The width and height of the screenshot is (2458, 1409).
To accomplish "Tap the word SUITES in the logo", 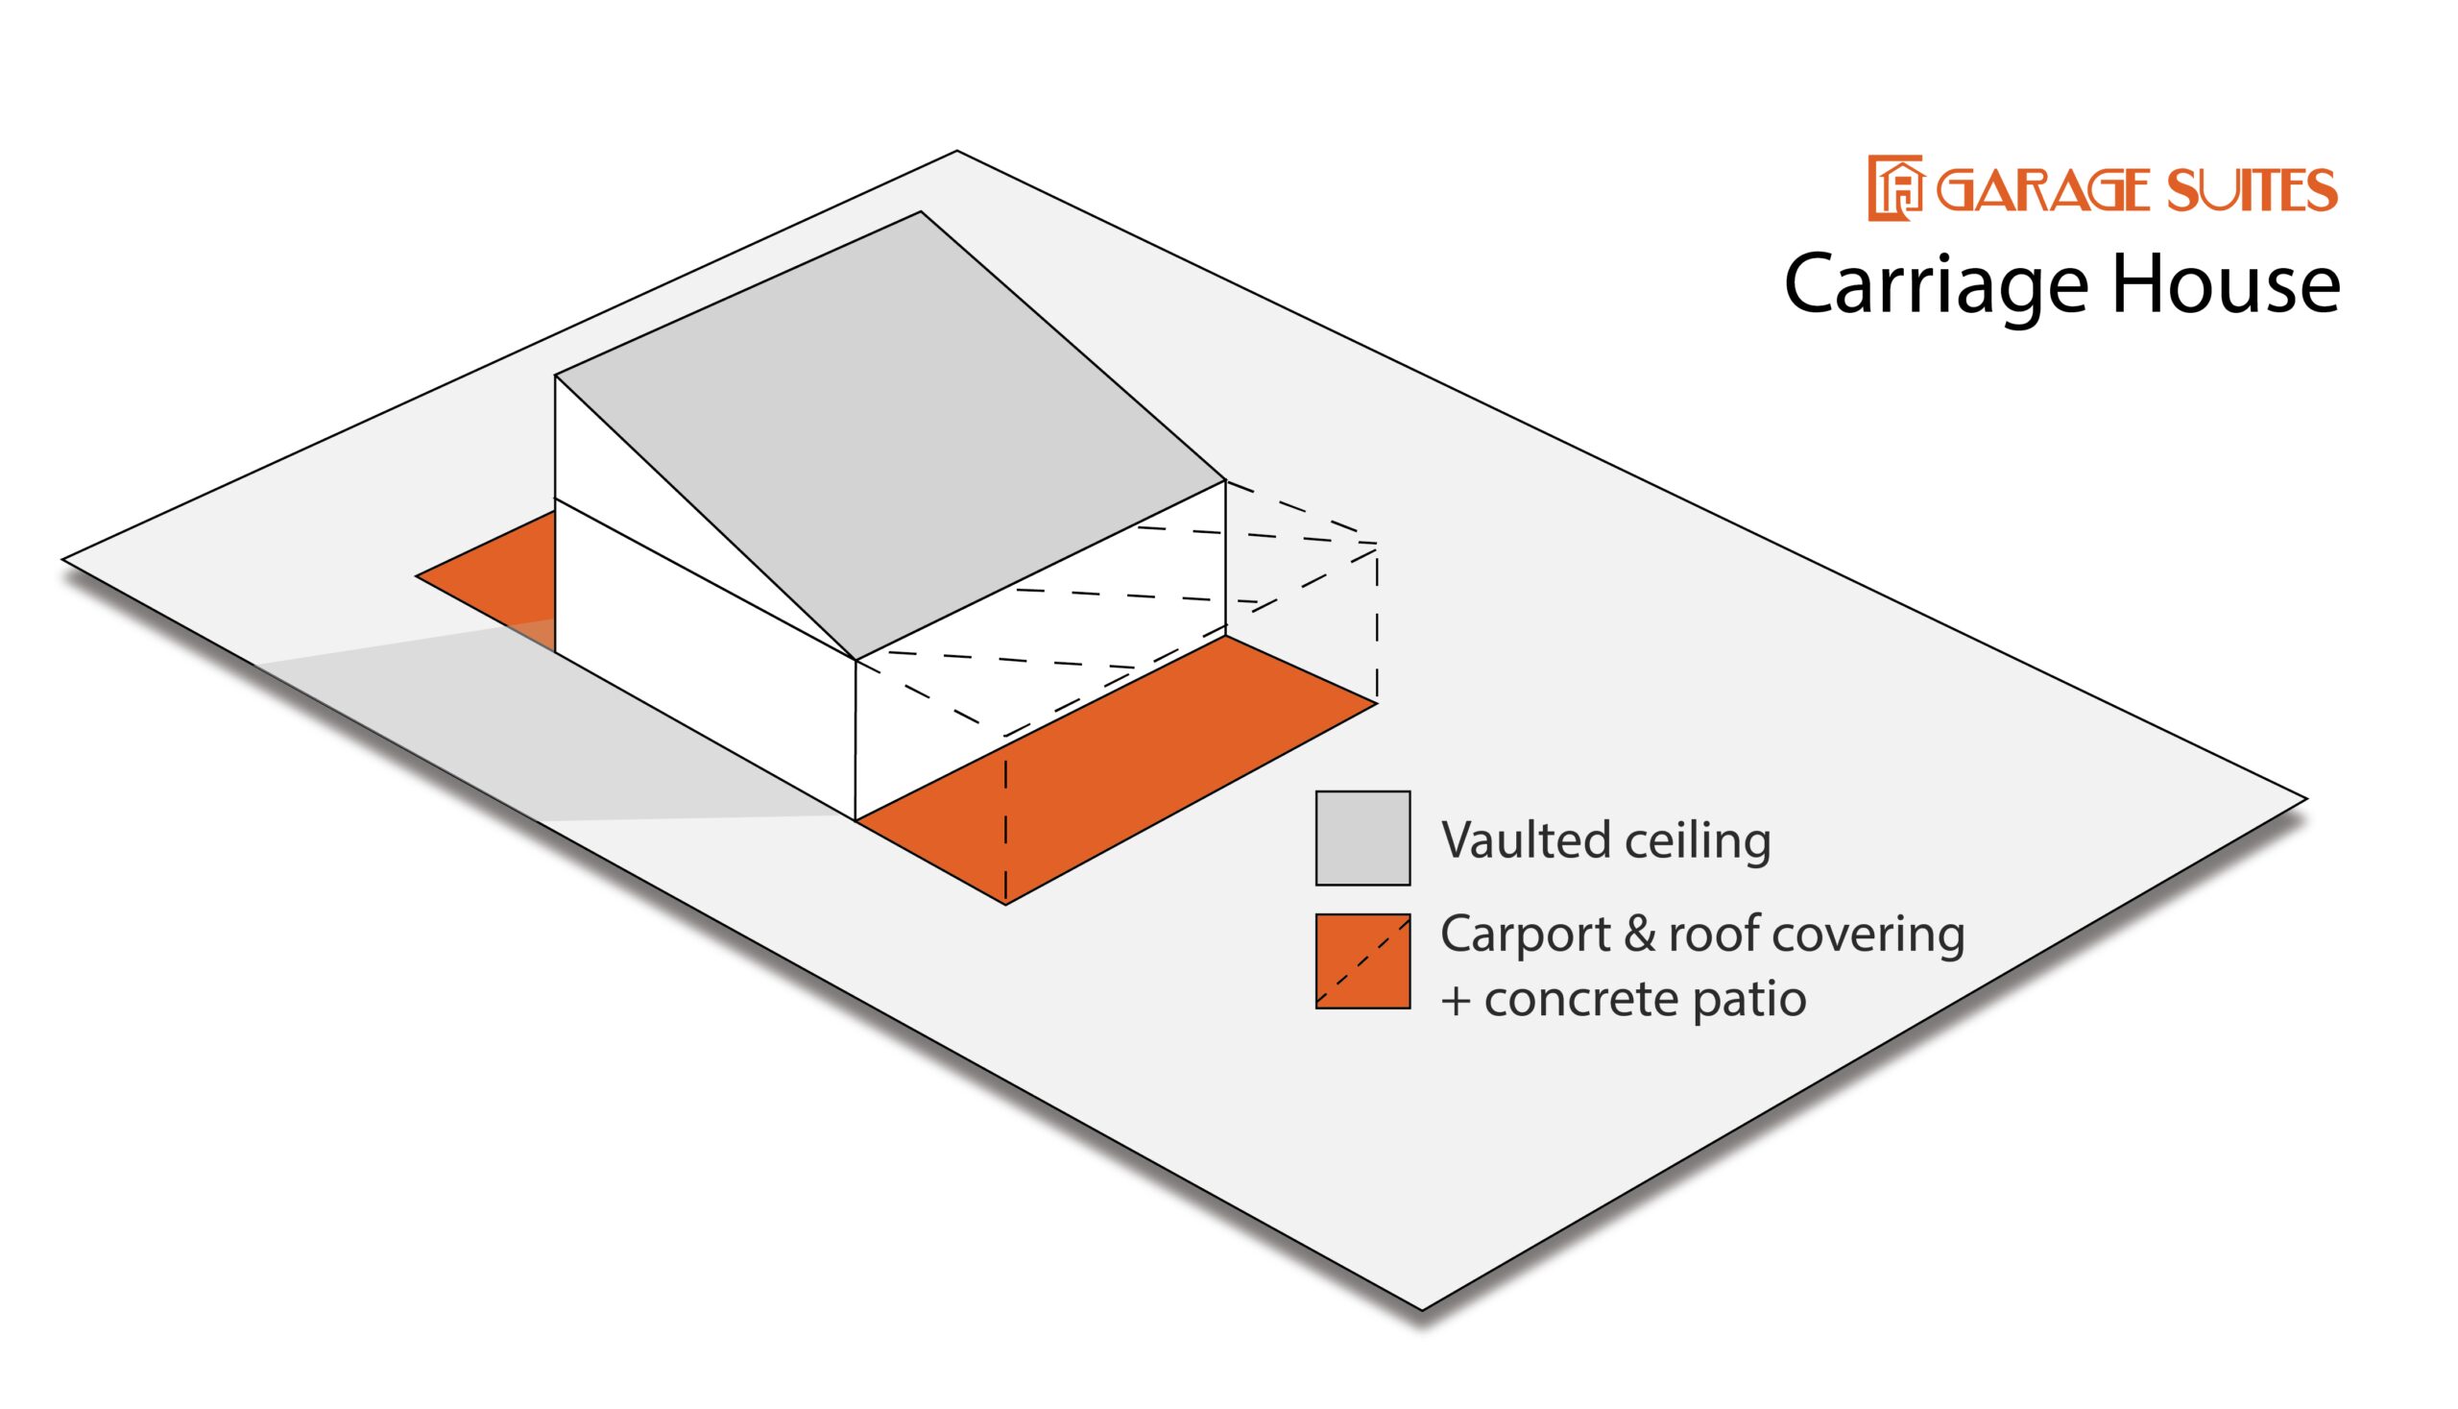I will (x=2250, y=190).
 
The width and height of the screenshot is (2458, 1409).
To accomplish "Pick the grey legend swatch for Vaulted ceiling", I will (x=1362, y=838).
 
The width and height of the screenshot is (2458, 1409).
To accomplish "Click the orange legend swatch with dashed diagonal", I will (x=1362, y=961).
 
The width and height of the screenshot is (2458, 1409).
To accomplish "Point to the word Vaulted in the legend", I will (x=1526, y=840).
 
